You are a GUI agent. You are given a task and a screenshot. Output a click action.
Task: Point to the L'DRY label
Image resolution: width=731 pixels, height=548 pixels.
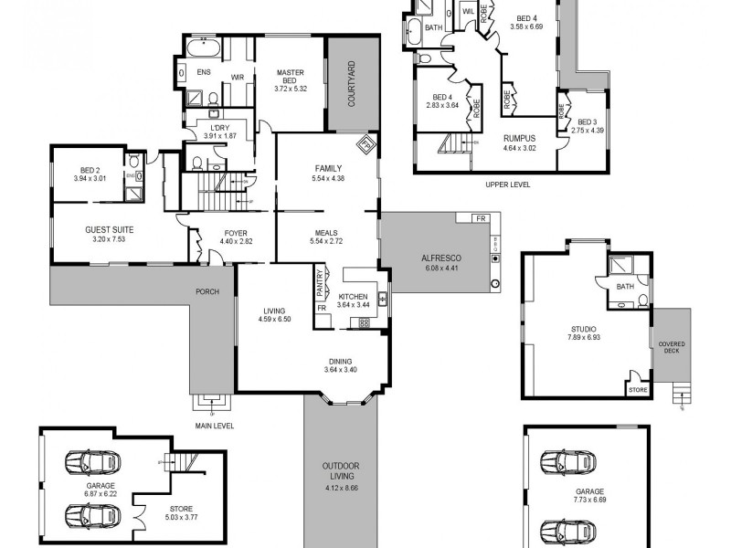point(218,127)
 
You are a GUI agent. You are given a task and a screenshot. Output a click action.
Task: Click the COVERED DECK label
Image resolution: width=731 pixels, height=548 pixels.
point(672,348)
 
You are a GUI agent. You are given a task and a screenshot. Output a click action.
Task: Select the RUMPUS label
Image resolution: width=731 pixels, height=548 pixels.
point(520,138)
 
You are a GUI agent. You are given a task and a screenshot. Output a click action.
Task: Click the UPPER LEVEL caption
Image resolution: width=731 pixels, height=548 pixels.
point(508,184)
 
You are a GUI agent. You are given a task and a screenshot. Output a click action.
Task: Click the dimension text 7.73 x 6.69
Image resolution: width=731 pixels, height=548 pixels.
point(589,501)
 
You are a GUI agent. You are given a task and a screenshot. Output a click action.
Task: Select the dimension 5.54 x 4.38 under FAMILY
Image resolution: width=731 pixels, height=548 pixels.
point(327,178)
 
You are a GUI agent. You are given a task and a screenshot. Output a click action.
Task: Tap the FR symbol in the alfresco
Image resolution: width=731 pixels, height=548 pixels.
point(482,219)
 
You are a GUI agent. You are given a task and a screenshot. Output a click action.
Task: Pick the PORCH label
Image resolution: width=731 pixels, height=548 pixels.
point(207,292)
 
